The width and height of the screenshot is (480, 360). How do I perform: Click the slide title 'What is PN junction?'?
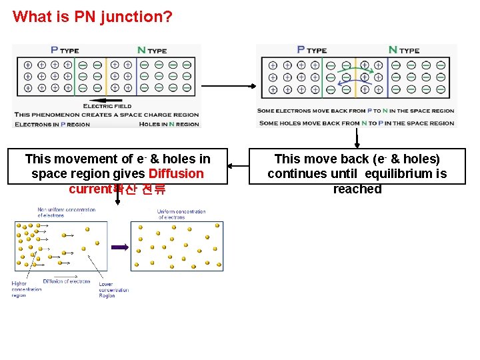click(x=92, y=16)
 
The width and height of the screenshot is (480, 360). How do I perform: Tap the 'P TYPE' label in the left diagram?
click(x=65, y=50)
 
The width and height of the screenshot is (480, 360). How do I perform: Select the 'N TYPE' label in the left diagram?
click(x=151, y=50)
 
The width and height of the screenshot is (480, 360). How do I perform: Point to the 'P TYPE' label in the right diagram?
click(x=311, y=50)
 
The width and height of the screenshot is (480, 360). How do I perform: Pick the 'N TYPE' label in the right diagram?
click(x=403, y=50)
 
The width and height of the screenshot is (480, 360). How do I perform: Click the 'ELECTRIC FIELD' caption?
click(x=107, y=106)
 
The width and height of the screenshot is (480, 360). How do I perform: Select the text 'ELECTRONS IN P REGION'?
click(x=52, y=124)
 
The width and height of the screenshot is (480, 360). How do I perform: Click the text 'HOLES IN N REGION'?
click(x=169, y=124)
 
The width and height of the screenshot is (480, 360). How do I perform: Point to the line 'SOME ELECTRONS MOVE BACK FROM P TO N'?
click(x=356, y=111)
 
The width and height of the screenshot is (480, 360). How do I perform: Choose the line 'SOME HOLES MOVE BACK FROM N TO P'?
click(x=356, y=123)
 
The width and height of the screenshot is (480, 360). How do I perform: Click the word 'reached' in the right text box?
click(x=357, y=189)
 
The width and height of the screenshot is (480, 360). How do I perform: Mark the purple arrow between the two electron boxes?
click(x=119, y=247)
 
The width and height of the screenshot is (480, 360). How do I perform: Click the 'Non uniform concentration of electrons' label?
click(x=66, y=213)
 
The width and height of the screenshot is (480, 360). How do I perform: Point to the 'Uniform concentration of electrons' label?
click(x=181, y=215)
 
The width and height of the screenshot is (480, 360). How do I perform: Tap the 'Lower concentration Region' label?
click(x=114, y=290)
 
